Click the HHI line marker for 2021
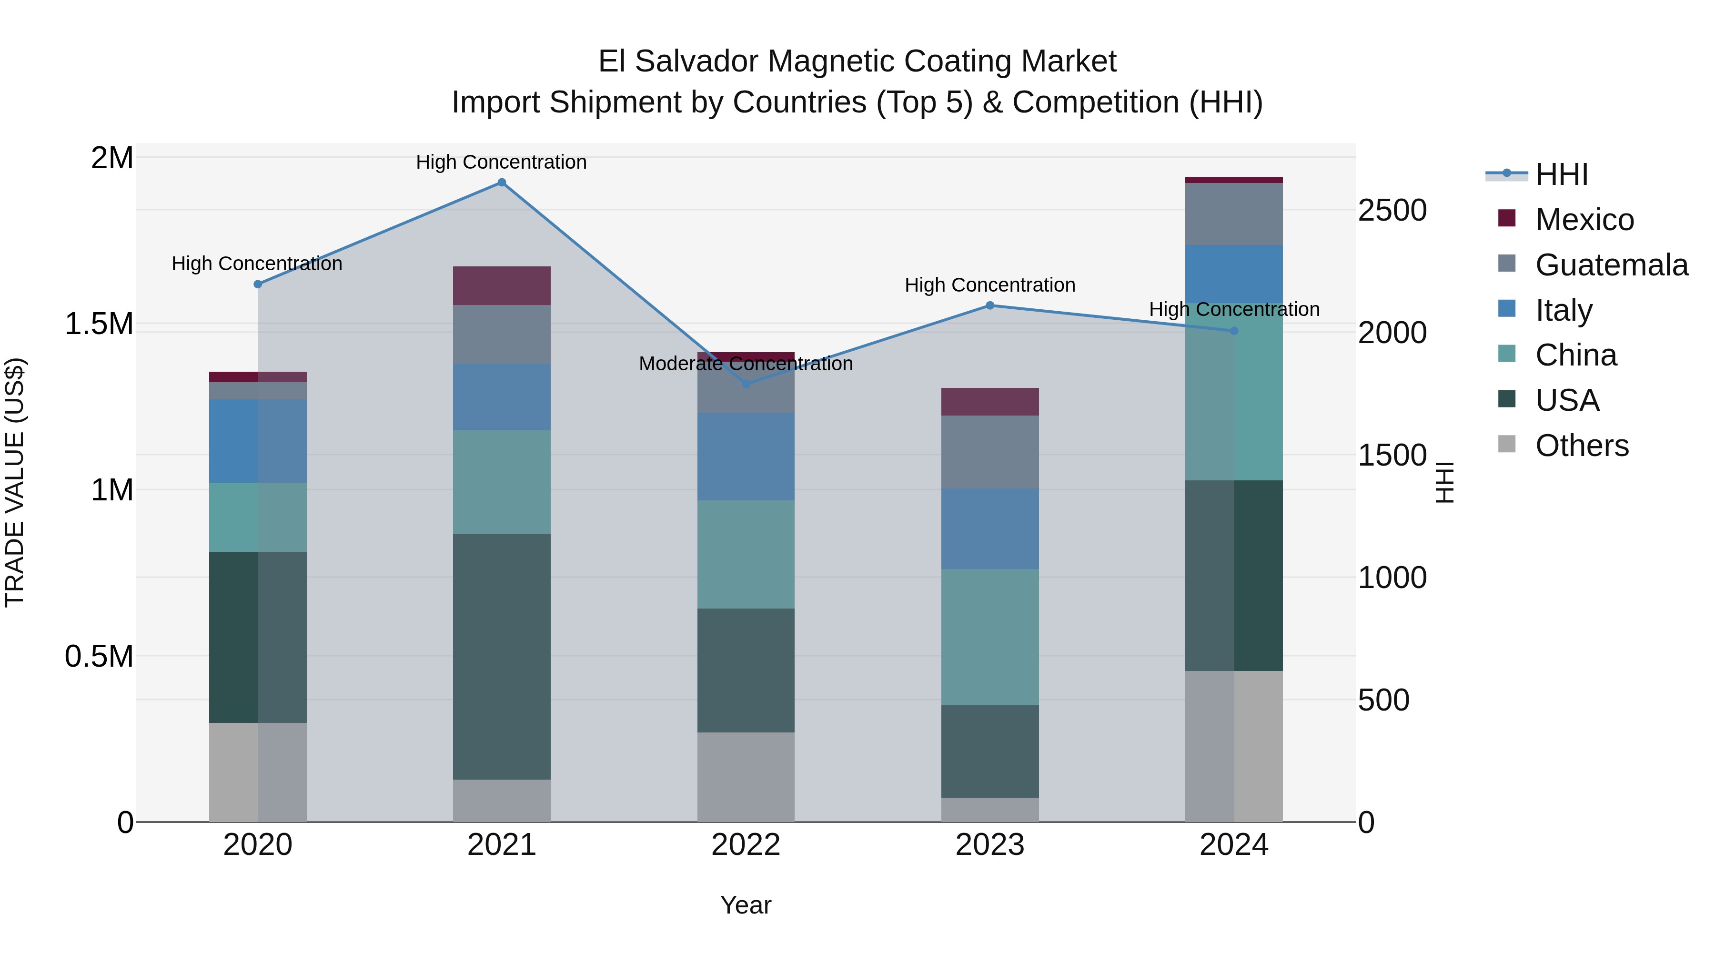(502, 183)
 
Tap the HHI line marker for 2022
(746, 384)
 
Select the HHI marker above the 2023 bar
(990, 305)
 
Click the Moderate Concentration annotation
(746, 364)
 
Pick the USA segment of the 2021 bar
(502, 656)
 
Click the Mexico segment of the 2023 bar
(990, 402)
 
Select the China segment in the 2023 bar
(990, 637)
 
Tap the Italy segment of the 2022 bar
(746, 457)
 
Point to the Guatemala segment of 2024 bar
(1234, 214)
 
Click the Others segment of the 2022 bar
(746, 777)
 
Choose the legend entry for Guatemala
(1611, 265)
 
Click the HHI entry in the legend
(1561, 174)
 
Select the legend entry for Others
(1581, 446)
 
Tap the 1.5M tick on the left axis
(99, 325)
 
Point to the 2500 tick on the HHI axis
(1392, 211)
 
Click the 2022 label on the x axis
(746, 845)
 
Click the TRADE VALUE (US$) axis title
(15, 482)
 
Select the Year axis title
(746, 905)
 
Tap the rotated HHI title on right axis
(1445, 482)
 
